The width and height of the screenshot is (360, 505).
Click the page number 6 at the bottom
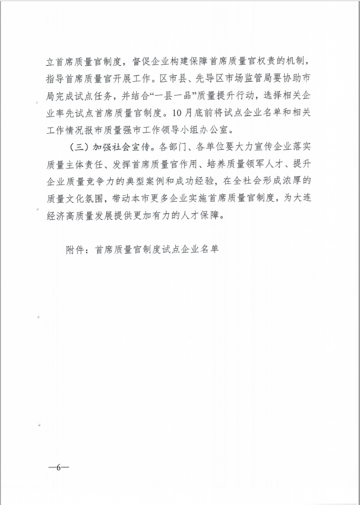58,467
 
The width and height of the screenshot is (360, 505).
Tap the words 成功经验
202,183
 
